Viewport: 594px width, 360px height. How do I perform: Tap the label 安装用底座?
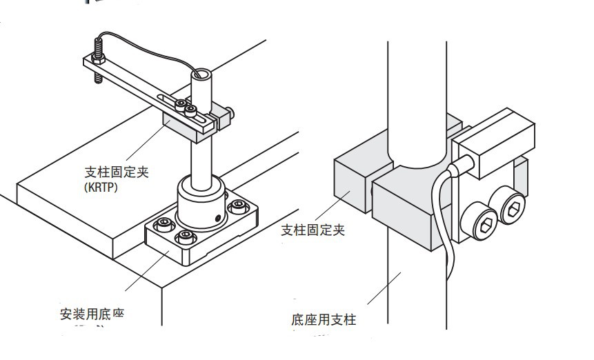[x=92, y=314]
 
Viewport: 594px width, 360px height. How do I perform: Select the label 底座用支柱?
[x=324, y=319]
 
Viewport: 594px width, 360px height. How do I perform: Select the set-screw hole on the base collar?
[x=219, y=217]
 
